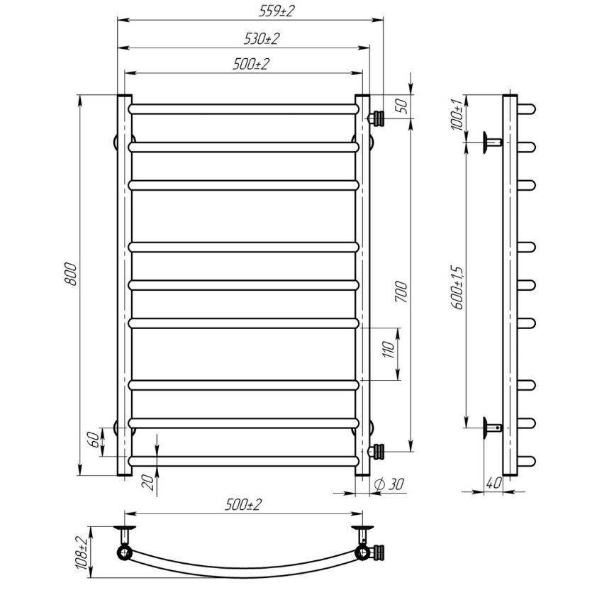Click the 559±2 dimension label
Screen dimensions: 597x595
pos(277,11)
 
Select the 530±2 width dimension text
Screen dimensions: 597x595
pos(262,39)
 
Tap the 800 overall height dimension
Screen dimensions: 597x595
pos(71,274)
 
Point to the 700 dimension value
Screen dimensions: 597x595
pos(401,291)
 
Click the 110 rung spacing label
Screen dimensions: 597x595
pos(388,350)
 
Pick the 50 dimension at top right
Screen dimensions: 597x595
pos(403,106)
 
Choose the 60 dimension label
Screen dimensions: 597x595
pos(94,440)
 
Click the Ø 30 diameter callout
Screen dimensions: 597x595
pos(389,484)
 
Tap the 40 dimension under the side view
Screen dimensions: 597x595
pos(493,484)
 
